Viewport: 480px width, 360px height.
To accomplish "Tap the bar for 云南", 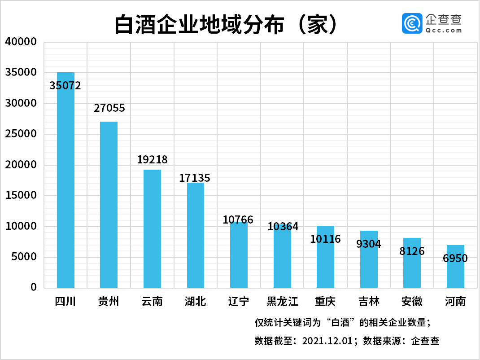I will pos(152,228).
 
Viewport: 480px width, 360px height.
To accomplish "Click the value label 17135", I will pos(195,178).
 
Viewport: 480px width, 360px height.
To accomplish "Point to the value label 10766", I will pos(238,220).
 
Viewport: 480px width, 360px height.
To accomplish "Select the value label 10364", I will pos(283,227).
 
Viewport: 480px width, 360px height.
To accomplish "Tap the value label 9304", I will pos(369,244).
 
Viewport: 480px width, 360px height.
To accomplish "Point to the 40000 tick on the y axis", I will pos(20,42).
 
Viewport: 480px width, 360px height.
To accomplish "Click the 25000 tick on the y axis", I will pos(20,134).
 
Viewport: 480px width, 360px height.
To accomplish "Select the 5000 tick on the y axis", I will pos(23,257).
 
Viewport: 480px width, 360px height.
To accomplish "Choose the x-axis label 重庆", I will pos(325,301).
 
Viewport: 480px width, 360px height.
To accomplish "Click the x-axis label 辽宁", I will pos(238,301).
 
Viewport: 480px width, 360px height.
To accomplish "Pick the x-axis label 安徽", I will pos(412,301).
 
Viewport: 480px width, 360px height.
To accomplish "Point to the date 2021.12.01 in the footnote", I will pos(328,341).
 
